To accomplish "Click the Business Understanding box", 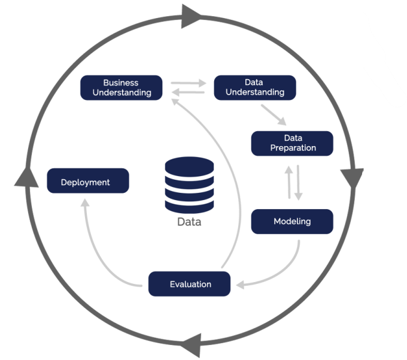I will point(121,87).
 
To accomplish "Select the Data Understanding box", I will point(255,87).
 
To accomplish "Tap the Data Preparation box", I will point(292,143).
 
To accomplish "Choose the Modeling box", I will point(292,222).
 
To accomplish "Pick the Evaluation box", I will point(190,284).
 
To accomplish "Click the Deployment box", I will point(88,181).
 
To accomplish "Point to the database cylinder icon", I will point(189,184).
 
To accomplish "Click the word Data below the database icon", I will point(189,222).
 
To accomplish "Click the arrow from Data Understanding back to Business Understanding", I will point(189,92).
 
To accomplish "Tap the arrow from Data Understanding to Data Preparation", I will point(273,114).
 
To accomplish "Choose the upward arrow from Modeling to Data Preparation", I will point(289,181).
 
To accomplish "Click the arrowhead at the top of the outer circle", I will point(192,16).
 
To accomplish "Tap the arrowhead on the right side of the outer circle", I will point(352,177).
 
